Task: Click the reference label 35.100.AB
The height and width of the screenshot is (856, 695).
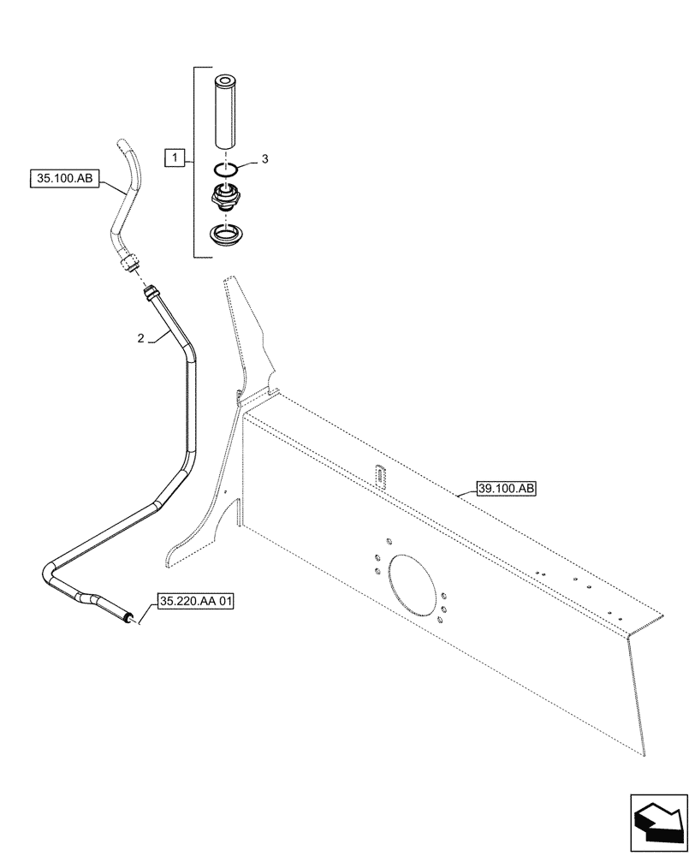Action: click(x=65, y=179)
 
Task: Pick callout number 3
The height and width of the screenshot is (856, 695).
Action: click(x=265, y=158)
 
